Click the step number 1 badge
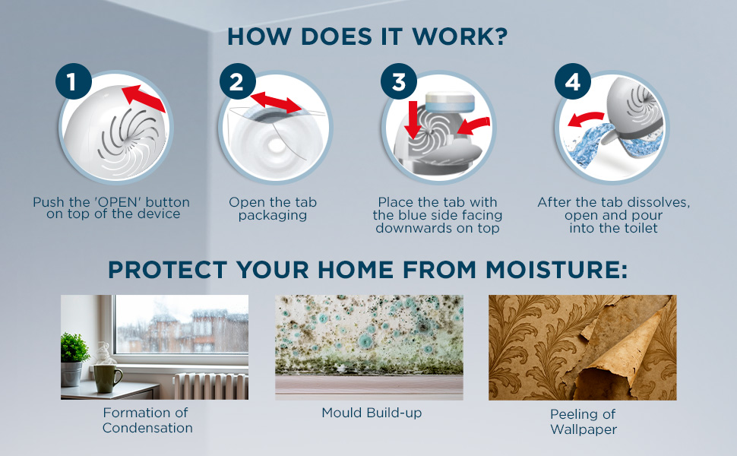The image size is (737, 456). (x=74, y=81)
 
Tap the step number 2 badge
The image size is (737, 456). (x=237, y=81)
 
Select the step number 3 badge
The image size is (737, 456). (x=399, y=81)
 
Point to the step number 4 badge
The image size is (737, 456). (x=572, y=81)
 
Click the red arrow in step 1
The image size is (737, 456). (x=144, y=98)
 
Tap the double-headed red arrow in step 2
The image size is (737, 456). (x=276, y=103)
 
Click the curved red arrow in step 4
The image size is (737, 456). (x=586, y=119)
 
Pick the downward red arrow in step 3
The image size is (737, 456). (x=413, y=119)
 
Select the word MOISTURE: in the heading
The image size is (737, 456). (x=556, y=270)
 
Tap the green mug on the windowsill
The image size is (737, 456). (x=107, y=378)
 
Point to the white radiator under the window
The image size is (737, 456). (x=210, y=386)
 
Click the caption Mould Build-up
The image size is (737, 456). (x=372, y=413)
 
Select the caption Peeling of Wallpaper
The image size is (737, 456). (x=584, y=422)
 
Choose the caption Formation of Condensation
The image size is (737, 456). (x=147, y=420)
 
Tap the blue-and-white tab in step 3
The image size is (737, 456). (x=450, y=102)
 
